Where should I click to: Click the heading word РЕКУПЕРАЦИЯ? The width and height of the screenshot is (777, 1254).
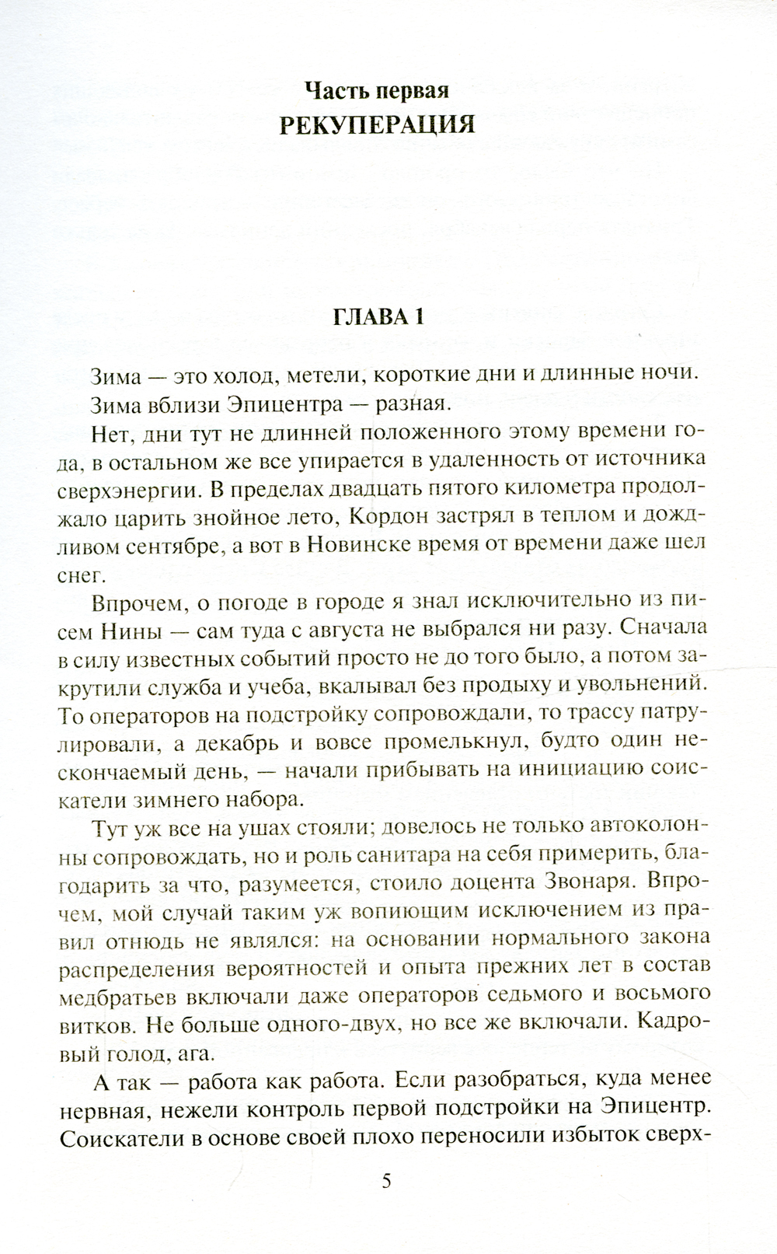(377, 124)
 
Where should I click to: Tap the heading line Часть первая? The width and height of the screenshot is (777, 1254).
(377, 90)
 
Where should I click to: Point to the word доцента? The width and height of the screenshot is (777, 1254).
(470, 882)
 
